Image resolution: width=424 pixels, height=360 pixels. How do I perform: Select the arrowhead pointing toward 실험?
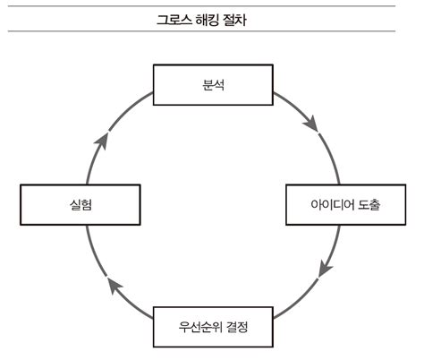click(x=108, y=287)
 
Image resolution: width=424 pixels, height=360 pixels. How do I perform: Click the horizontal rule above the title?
click(x=212, y=6)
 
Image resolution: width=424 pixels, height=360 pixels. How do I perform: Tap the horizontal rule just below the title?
click(x=212, y=32)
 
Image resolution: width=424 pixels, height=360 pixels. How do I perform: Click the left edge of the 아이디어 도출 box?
click(x=286, y=205)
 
